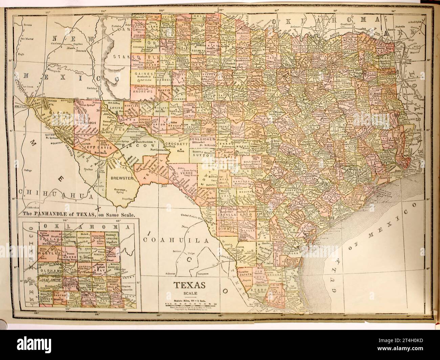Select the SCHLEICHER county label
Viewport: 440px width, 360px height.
click(202, 139)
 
